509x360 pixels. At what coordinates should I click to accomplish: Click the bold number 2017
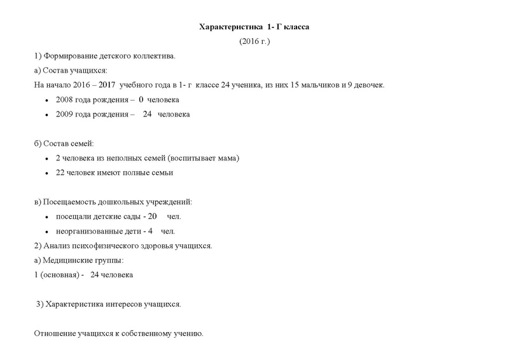tap(107, 85)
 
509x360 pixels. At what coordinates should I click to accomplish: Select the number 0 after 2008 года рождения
tap(141, 100)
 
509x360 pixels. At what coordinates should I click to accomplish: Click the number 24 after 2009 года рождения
tap(147, 114)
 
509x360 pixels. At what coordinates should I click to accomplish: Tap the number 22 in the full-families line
tap(60, 172)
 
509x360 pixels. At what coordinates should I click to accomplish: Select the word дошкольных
tap(122, 202)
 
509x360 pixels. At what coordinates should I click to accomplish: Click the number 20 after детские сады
tap(153, 216)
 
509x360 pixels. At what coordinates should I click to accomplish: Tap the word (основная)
tap(57, 275)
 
